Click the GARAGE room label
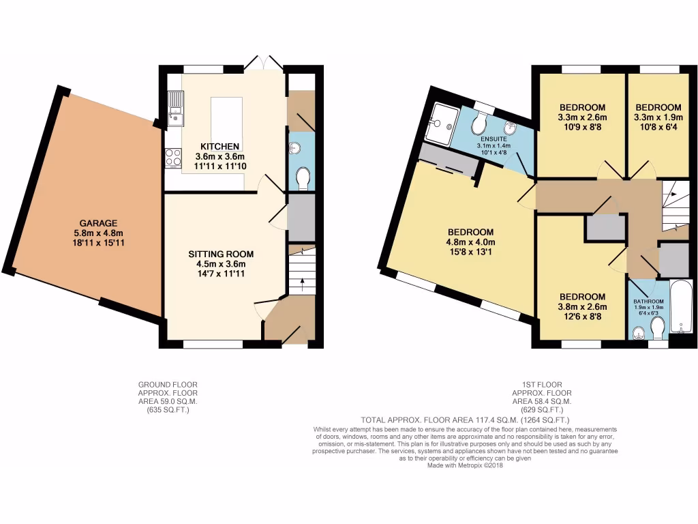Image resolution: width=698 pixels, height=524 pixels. click(99, 223)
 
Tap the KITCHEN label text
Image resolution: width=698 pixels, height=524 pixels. click(219, 146)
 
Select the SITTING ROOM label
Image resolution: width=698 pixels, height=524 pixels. click(217, 254)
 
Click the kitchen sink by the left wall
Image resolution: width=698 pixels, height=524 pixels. click(176, 109)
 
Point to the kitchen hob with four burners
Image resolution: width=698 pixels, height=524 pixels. click(172, 158)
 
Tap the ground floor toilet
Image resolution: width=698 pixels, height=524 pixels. click(303, 179)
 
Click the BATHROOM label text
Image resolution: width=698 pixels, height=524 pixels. click(648, 302)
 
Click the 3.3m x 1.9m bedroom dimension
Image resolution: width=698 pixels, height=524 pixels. click(658, 117)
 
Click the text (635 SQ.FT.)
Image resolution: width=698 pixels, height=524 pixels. click(168, 411)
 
